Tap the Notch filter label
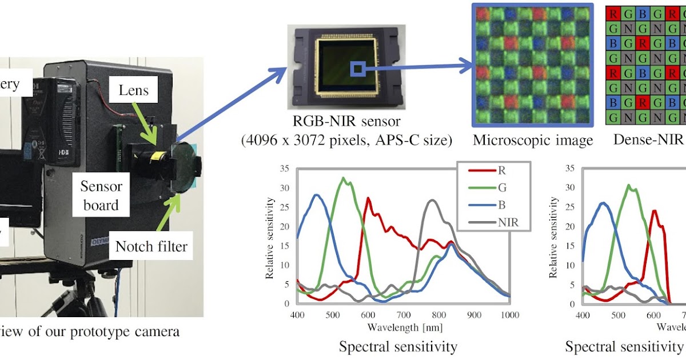(151, 247)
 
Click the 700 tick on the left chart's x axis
(403, 315)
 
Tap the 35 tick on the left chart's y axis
(284, 169)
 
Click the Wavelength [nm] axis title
(405, 327)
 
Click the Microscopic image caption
(533, 140)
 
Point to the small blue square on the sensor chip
(357, 69)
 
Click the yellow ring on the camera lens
(161, 155)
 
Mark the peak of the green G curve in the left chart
(343, 178)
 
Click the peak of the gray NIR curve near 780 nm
(433, 200)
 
